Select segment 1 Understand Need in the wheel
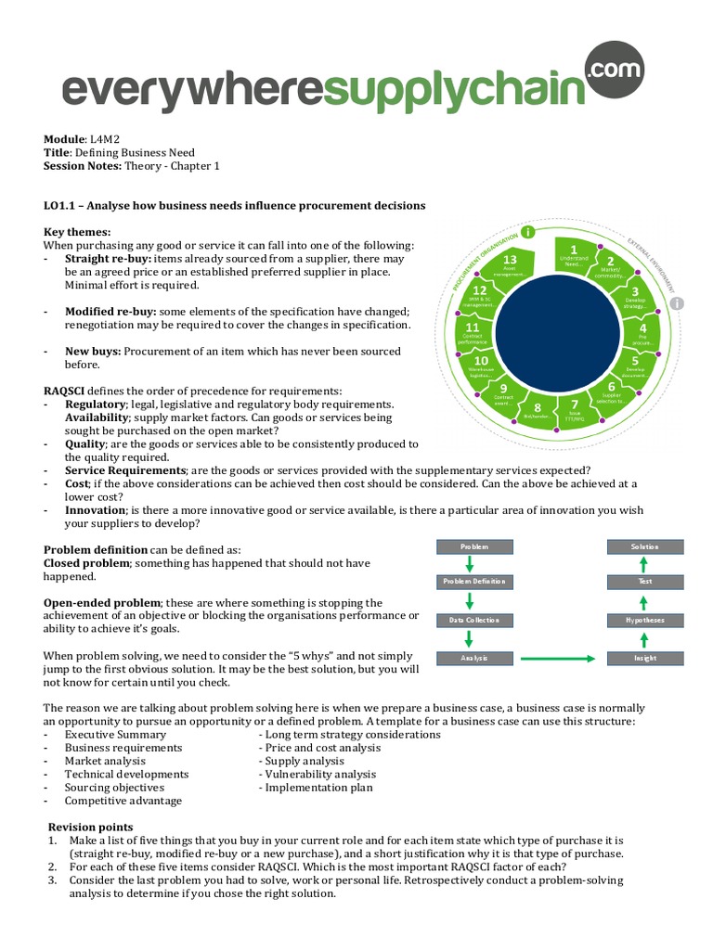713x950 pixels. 575,255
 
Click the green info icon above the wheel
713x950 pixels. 529,231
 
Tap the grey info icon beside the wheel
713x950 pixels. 678,303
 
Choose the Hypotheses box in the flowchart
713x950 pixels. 645,620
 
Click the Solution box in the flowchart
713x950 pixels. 645,547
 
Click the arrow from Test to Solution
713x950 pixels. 645,564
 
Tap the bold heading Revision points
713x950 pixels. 90,827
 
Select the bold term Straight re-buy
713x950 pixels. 107,258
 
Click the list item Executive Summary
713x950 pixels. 115,734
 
